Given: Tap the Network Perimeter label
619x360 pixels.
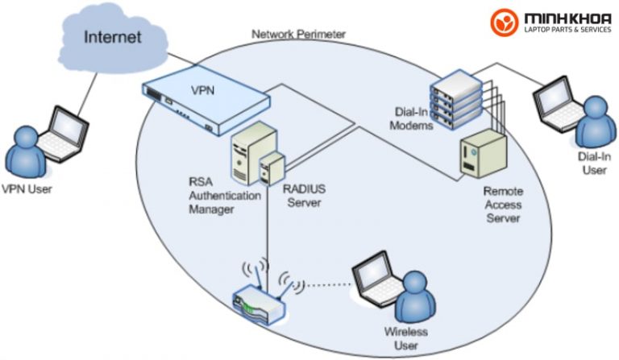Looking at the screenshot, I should (x=298, y=35).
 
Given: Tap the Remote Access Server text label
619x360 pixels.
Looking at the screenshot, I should (x=503, y=205).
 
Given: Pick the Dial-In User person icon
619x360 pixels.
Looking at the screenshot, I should (x=593, y=121).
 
